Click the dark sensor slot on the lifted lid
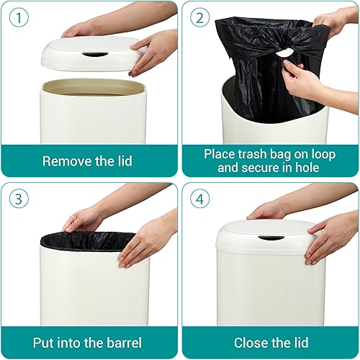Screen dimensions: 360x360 click(94, 54)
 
